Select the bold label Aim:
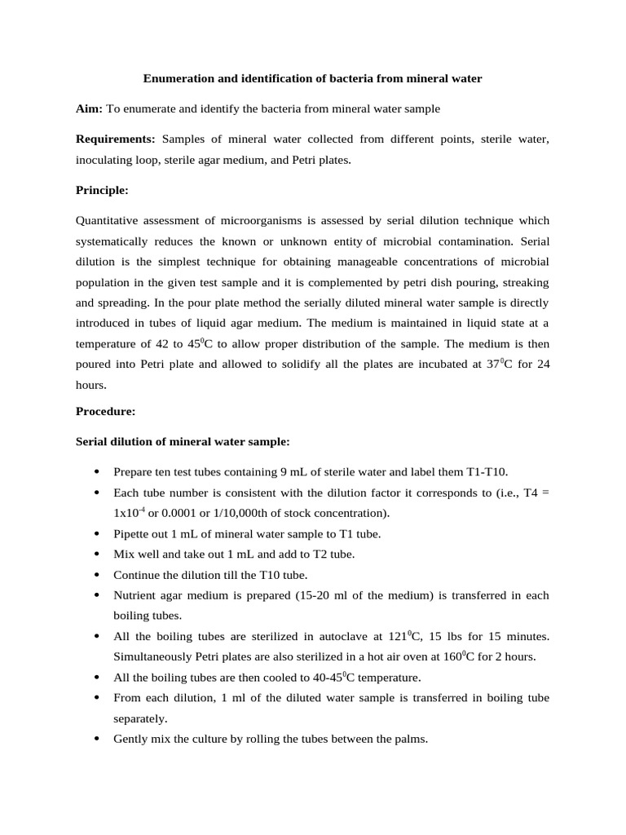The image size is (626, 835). pos(90,108)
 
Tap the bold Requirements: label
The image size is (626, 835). pos(115,139)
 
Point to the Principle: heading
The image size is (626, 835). pos(102,190)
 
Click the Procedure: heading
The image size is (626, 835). pos(105,412)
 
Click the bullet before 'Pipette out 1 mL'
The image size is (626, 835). pos(97,534)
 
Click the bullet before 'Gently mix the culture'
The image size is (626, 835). pos(97,740)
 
